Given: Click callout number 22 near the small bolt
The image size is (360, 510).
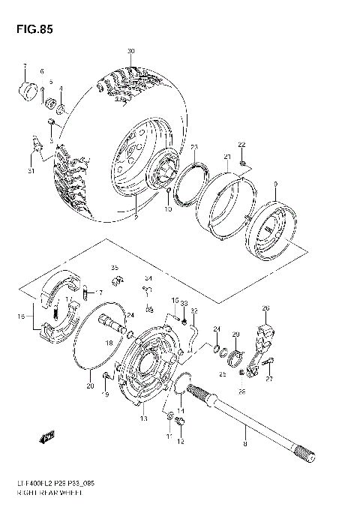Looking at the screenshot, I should click(241, 144).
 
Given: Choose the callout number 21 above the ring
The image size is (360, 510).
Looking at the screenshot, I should click(226, 156).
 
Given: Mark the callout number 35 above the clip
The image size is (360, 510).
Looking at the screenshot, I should click(115, 268).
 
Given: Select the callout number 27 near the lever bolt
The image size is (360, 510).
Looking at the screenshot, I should click(268, 379).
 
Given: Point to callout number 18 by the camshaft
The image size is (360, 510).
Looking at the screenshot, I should click(109, 343).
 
